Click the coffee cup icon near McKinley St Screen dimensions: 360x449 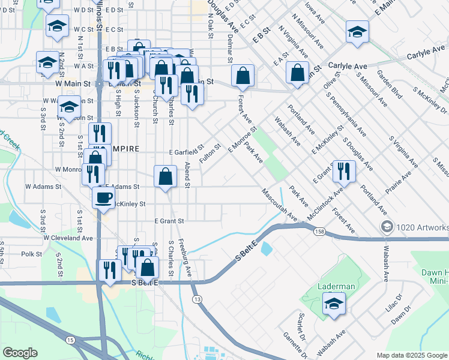click(x=103, y=197)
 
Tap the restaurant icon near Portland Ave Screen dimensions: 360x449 click(x=344, y=171)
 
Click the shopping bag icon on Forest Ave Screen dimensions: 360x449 click(x=243, y=76)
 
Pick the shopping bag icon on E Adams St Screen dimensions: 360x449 click(x=166, y=176)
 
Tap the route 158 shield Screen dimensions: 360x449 click(x=318, y=231)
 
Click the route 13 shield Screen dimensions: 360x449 click(x=196, y=298)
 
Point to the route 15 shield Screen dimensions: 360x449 click(x=70, y=340)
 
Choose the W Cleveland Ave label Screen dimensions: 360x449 click(x=68, y=238)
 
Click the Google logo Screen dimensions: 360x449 click(x=20, y=353)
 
